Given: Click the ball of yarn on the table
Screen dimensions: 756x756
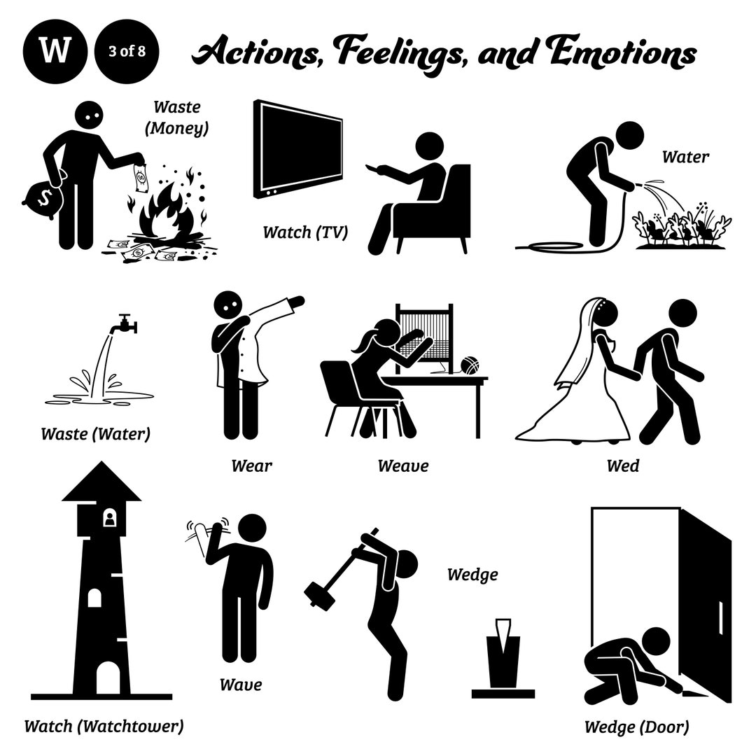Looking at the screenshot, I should [469, 366].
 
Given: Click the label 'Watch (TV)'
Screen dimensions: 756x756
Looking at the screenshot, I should [305, 232].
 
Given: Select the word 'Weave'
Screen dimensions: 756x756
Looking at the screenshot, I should [402, 465].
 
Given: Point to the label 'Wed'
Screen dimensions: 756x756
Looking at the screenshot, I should [624, 465].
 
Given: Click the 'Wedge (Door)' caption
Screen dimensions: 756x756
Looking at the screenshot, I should [636, 727].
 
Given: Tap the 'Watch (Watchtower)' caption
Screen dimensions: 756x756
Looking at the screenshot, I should [104, 725].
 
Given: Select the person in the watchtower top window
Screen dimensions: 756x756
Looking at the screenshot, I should [109, 519].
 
